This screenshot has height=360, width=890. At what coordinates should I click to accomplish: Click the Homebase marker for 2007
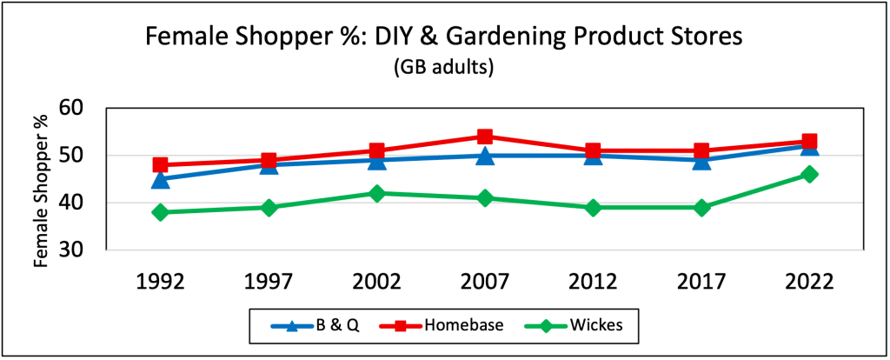tap(485, 137)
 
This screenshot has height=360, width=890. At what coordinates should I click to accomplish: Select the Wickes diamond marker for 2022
tap(809, 174)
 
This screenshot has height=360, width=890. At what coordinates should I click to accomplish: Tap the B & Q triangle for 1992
tap(161, 180)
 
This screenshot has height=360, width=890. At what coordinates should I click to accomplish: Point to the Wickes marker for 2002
tap(377, 193)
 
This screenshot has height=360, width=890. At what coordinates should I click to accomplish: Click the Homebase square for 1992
tap(161, 165)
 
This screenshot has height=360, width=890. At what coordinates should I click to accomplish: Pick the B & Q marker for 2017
tap(701, 161)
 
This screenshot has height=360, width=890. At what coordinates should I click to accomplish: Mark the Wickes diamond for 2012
tap(593, 208)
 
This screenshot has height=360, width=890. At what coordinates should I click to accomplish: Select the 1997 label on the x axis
tap(269, 282)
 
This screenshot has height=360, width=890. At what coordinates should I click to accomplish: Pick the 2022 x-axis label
tap(809, 282)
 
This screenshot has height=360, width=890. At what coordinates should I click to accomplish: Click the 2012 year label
tap(593, 282)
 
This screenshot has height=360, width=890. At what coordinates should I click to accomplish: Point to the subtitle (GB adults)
tap(445, 68)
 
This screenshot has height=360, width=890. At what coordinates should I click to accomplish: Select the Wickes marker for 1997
tap(269, 208)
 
